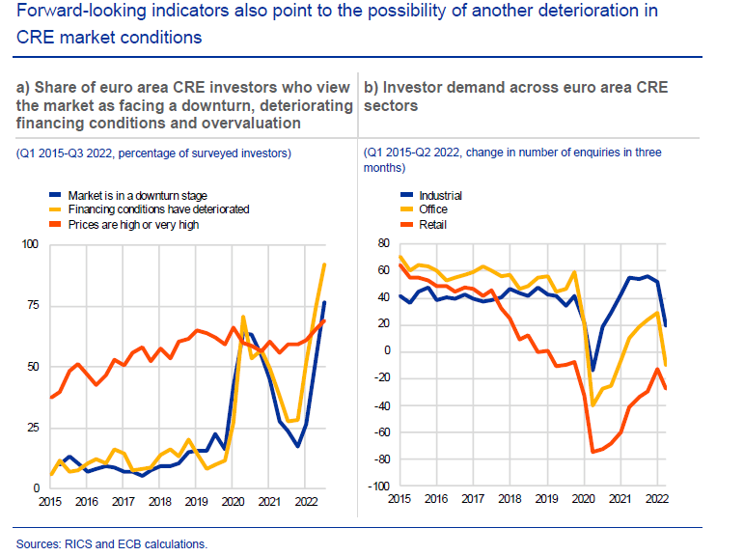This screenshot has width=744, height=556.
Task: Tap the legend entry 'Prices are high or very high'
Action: pyautogui.click(x=146, y=224)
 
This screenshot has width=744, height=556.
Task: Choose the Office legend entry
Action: pyautogui.click(x=433, y=209)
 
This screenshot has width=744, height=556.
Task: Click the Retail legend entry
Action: pyautogui.click(x=432, y=224)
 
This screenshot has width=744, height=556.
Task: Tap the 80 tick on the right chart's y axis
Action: pyautogui.click(x=381, y=243)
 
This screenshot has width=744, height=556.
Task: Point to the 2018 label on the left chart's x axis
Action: pyautogui.click(x=160, y=502)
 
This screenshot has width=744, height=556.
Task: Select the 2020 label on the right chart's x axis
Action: pyautogui.click(x=584, y=499)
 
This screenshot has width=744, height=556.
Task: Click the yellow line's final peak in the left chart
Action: pyautogui.click(x=324, y=264)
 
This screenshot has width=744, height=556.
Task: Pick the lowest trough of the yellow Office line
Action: pyautogui.click(x=592, y=405)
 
